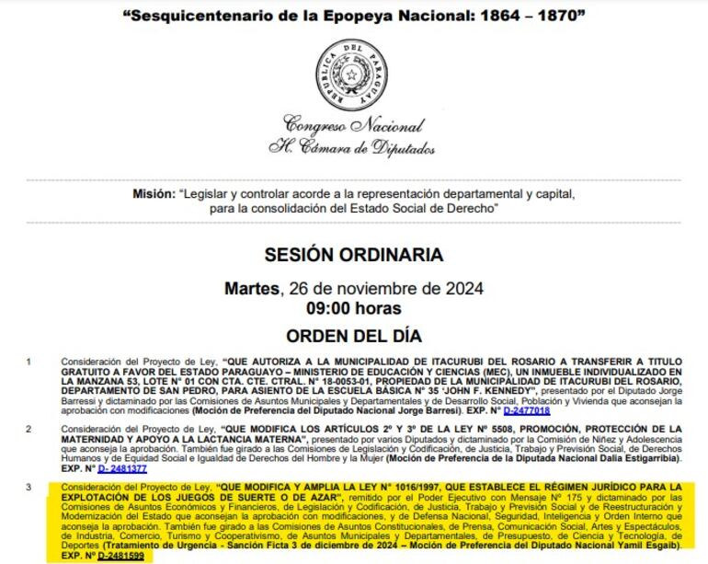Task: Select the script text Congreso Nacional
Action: [x=353, y=125]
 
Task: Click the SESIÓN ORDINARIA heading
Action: [x=353, y=254]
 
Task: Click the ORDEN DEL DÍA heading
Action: [x=353, y=333]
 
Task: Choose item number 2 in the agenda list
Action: [x=29, y=429]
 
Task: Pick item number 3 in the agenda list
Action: [x=29, y=485]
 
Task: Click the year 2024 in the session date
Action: [x=452, y=288]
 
